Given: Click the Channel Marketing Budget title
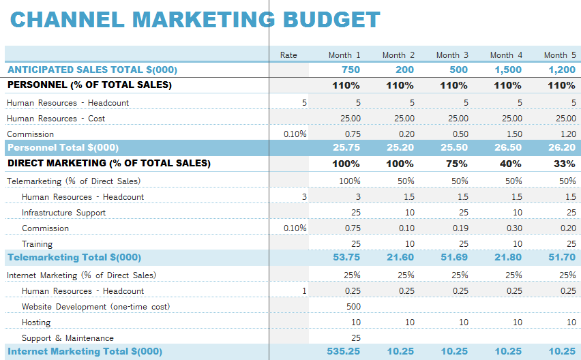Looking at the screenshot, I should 195,20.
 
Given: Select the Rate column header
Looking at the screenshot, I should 288,55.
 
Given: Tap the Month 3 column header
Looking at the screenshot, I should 452,55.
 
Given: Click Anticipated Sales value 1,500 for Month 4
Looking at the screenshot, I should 508,70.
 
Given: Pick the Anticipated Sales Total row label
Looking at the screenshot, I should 92,70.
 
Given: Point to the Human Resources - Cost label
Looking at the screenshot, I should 56,119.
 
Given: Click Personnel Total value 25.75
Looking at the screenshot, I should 346,147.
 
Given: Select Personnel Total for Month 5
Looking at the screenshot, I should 561,147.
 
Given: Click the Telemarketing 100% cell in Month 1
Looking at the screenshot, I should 349,181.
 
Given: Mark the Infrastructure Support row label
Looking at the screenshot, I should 63,213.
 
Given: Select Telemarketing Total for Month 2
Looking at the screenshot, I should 400,257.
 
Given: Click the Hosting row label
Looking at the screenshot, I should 36,322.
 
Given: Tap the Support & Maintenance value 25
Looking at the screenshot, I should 355,338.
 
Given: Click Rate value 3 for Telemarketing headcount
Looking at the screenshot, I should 304,197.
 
